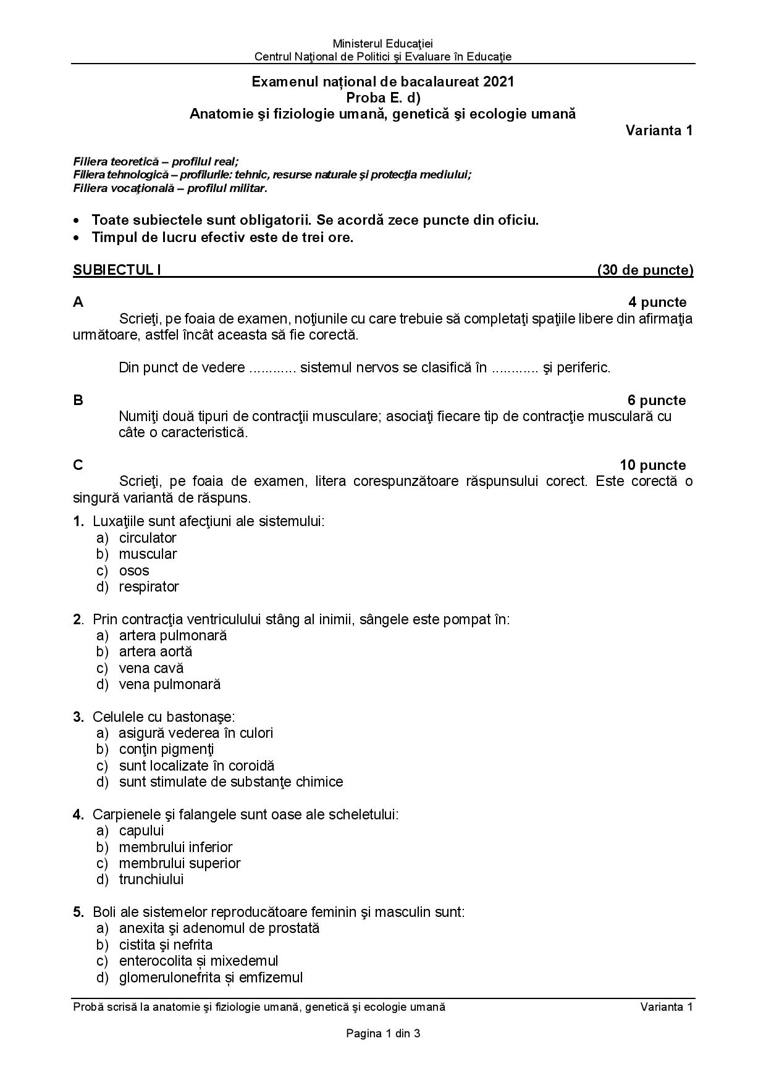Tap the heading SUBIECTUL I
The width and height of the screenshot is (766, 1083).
(x=117, y=270)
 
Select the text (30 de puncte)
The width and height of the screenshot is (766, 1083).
(x=645, y=270)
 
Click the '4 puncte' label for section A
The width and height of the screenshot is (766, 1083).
(x=657, y=302)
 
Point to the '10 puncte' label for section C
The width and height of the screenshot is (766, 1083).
(x=652, y=465)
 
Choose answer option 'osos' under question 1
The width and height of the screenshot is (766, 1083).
(x=134, y=571)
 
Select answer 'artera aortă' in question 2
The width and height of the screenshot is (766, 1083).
(x=156, y=651)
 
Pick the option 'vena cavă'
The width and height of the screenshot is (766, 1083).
(x=151, y=668)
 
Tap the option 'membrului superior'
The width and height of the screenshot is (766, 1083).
(x=180, y=863)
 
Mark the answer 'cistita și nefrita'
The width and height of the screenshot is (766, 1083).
(x=166, y=945)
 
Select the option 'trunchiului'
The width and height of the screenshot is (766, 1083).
(x=151, y=879)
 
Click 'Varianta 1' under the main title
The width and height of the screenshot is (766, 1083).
(x=659, y=130)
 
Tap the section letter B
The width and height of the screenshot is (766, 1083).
(x=78, y=400)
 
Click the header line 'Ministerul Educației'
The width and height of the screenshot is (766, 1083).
(x=383, y=43)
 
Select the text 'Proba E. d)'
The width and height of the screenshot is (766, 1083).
(x=383, y=98)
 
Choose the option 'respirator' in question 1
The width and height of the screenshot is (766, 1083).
(x=149, y=587)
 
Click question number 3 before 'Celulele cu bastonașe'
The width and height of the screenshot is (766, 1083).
(x=78, y=717)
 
